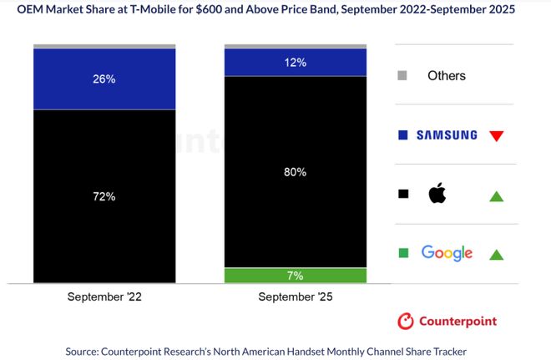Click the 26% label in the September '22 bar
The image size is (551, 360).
pyautogui.click(x=104, y=80)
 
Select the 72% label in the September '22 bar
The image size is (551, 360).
pyautogui.click(x=104, y=197)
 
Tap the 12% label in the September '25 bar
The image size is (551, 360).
pyautogui.click(x=296, y=63)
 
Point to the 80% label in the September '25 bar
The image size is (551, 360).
pyautogui.click(x=296, y=172)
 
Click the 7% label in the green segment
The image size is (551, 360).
pyautogui.click(x=296, y=276)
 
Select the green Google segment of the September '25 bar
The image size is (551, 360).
pyautogui.click(x=250, y=276)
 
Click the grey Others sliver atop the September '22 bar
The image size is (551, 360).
pyautogui.click(x=104, y=46)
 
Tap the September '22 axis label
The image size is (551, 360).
pyautogui.click(x=104, y=297)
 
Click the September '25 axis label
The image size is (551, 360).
pyautogui.click(x=296, y=297)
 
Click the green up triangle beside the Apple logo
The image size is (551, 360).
pyautogui.click(x=496, y=196)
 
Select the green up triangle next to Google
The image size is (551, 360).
pyautogui.click(x=496, y=255)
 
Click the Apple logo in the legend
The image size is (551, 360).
pyautogui.click(x=437, y=194)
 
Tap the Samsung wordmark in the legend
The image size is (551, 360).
pyautogui.click(x=447, y=134)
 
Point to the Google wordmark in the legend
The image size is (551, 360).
pyautogui.click(x=447, y=253)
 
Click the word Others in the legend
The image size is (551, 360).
pyautogui.click(x=447, y=76)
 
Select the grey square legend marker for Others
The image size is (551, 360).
pyautogui.click(x=402, y=76)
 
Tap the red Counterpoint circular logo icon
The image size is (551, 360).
pyautogui.click(x=406, y=321)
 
